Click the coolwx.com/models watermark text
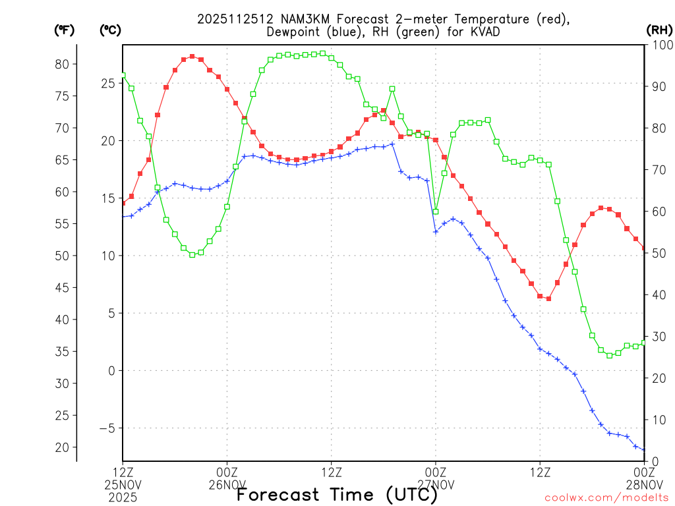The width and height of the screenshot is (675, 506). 606,497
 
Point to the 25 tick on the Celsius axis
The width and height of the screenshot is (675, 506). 108,83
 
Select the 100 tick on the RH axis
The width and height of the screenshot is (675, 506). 659,45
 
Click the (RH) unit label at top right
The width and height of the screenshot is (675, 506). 658,30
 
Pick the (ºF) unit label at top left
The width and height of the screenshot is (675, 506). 64,30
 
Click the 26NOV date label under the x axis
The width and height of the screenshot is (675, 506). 227,485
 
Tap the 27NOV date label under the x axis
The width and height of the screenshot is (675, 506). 436,485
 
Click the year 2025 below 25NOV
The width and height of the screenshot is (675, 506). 123,497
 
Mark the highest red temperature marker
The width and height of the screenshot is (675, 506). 192,57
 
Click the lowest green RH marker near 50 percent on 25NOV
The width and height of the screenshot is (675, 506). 192,254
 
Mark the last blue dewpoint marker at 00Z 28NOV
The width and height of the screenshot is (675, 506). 644,450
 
